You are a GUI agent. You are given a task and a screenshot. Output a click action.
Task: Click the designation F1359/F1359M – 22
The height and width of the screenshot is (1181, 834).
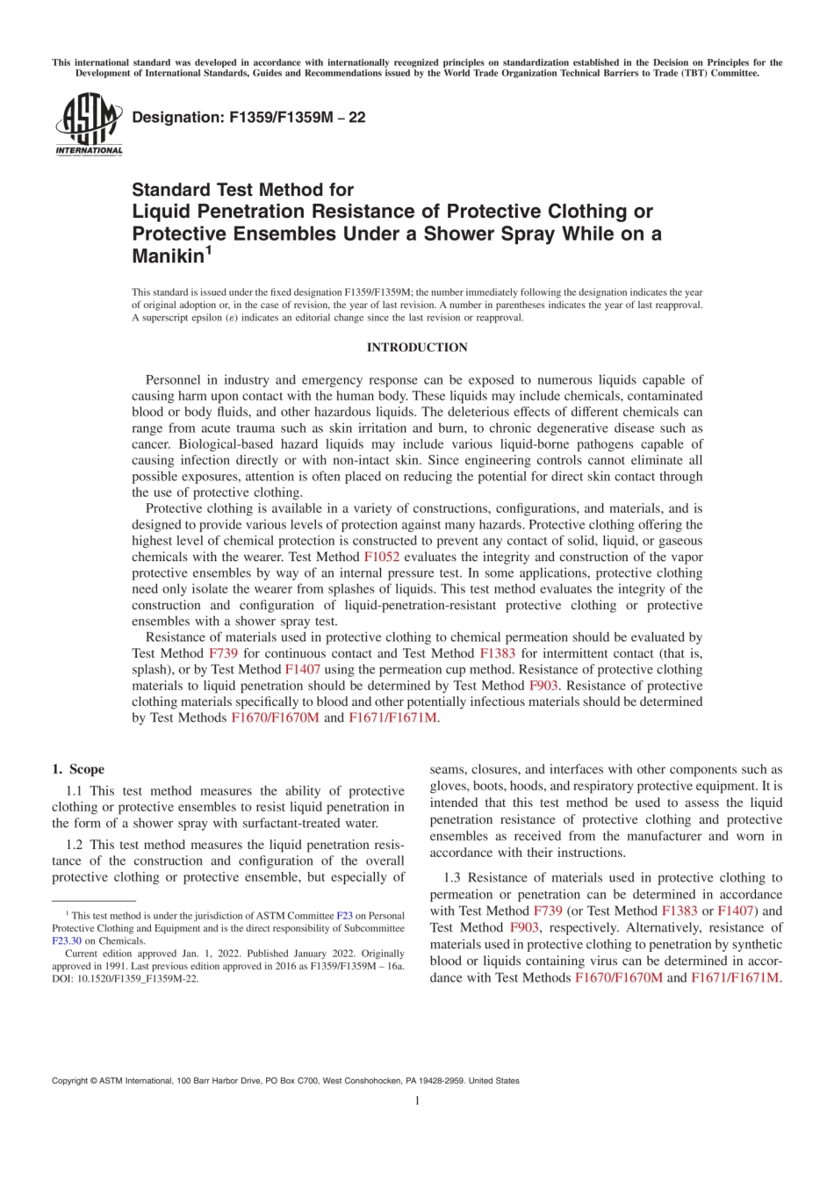[x=248, y=118]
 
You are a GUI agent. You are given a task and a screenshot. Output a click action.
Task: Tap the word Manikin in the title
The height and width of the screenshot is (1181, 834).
[x=168, y=256]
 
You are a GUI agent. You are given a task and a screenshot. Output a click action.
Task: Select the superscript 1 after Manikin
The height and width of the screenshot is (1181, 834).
[x=208, y=250]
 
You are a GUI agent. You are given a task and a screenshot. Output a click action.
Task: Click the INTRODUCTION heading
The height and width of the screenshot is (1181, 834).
[x=417, y=348]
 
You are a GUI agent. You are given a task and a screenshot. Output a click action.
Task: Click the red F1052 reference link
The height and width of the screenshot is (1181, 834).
[x=381, y=557]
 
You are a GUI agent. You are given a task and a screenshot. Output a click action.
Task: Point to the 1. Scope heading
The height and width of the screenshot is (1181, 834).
[x=78, y=769]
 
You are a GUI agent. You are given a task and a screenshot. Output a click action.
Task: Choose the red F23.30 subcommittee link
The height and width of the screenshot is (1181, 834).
[x=67, y=940]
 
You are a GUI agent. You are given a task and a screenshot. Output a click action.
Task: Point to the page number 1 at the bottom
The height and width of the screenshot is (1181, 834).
[x=417, y=1100]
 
